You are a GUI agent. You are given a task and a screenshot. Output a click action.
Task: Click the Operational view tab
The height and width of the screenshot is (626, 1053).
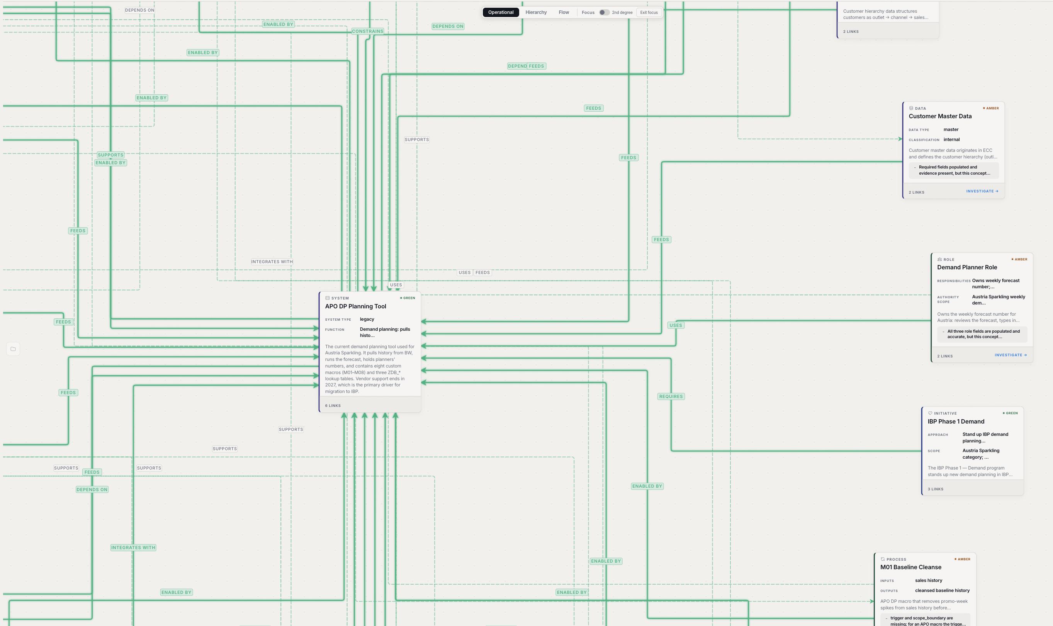[501, 12]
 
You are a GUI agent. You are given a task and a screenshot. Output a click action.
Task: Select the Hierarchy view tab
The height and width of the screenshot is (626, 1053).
[536, 12]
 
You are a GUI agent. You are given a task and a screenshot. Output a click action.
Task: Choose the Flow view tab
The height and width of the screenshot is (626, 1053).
[564, 12]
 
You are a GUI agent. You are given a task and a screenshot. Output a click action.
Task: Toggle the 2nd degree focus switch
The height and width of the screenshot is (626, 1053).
[604, 12]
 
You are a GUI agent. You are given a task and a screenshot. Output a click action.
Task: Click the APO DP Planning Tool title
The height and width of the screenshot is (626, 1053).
[355, 306]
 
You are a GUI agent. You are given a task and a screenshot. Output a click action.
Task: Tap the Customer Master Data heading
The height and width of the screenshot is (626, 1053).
[940, 116]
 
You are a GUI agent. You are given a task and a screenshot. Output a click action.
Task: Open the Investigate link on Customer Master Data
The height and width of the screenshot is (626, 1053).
[982, 191]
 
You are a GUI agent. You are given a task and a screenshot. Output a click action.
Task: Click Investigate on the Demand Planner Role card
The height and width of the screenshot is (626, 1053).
[1011, 355]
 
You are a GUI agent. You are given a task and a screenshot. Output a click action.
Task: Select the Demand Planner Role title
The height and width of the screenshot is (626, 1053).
[967, 267]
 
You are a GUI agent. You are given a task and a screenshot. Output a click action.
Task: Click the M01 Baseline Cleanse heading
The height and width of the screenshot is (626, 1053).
[911, 567]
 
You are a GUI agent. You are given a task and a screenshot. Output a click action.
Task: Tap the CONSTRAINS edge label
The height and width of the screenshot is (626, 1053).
[368, 31]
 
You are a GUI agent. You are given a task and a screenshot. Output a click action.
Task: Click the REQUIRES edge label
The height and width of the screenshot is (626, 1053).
[671, 396]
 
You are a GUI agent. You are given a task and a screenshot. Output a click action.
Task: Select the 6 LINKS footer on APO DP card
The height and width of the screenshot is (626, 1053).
[333, 406]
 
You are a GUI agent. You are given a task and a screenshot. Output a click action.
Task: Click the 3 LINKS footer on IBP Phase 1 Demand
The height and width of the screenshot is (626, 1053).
[935, 489]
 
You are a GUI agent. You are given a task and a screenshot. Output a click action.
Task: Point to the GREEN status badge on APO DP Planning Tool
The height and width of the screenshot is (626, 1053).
[408, 298]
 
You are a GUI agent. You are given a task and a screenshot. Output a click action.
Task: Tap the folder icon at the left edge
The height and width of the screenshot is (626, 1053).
[13, 349]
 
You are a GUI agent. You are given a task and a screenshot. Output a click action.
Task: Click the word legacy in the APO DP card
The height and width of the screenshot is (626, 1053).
[367, 319]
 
